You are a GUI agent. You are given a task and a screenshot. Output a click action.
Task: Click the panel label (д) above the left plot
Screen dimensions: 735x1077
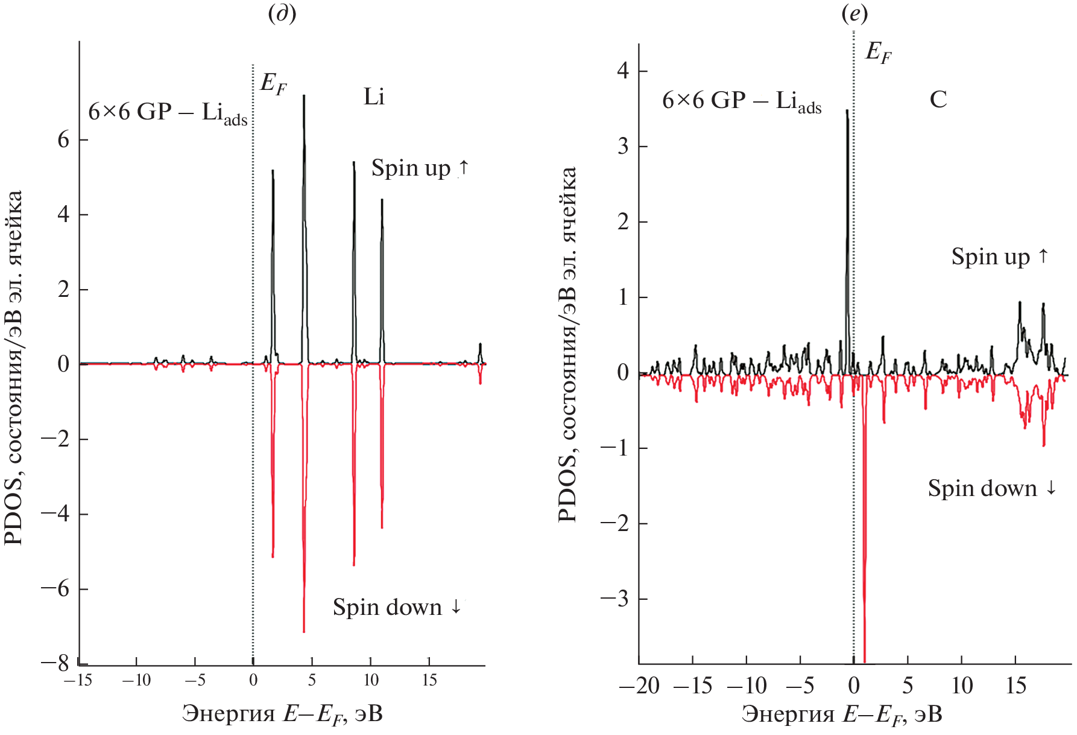[282, 13]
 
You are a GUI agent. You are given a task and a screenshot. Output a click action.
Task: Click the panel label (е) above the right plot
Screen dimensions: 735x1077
[854, 13]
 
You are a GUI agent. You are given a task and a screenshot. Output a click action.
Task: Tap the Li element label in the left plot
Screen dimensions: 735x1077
[374, 97]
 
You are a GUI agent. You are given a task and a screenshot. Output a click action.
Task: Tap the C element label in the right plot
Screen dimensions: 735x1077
[938, 100]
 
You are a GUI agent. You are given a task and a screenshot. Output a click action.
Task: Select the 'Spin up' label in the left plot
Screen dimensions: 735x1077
[420, 168]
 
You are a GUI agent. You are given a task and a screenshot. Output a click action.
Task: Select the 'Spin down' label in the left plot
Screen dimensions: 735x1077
[397, 607]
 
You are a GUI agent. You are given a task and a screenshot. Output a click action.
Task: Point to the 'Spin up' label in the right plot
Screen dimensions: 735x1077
[1000, 256]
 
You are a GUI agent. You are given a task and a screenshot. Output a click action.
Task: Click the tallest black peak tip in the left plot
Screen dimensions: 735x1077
[304, 96]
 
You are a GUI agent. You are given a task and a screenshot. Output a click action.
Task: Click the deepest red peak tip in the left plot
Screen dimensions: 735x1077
[304, 631]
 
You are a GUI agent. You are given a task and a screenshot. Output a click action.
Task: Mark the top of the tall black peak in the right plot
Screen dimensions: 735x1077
[847, 110]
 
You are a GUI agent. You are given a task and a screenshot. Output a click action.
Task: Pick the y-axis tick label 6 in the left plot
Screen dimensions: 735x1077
[63, 140]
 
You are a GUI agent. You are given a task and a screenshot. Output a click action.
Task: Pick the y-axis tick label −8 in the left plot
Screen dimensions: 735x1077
[55, 663]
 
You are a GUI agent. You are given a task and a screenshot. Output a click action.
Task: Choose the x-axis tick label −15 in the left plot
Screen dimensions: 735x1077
[78, 681]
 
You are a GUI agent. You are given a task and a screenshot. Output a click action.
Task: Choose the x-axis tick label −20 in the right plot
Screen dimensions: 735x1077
[639, 686]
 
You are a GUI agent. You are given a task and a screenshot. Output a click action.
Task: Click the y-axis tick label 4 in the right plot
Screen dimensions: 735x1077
[623, 71]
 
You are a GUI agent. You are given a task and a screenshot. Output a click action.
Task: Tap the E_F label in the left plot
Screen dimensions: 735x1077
[273, 83]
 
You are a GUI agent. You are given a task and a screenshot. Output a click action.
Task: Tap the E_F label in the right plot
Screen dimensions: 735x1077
[878, 52]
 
